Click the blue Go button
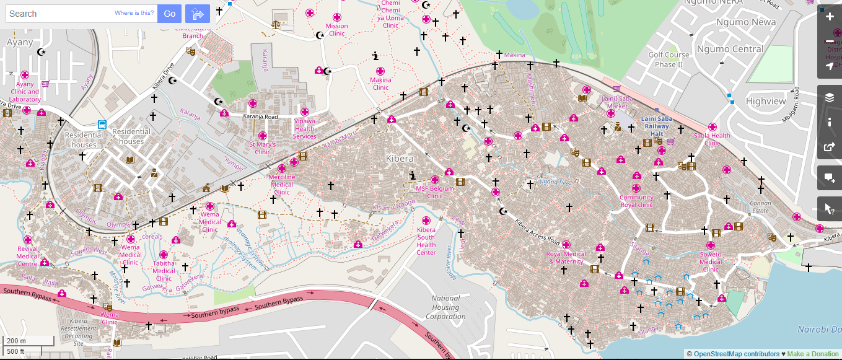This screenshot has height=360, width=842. [169, 14]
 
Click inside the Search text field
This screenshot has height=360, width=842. [59, 14]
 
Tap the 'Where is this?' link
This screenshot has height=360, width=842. [134, 13]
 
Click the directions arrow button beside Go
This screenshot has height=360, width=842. [198, 14]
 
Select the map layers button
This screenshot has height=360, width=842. [830, 97]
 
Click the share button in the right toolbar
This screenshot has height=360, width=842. [830, 147]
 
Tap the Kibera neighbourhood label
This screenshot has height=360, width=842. [399, 159]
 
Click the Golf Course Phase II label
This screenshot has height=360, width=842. [669, 59]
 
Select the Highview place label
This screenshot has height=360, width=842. [766, 101]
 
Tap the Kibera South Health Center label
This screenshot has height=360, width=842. [426, 241]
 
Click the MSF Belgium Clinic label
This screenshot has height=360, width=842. [434, 192]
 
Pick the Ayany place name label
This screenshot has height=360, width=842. [19, 42]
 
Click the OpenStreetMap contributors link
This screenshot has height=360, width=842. [736, 354]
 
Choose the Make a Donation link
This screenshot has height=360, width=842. [813, 354]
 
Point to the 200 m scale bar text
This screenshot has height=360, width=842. [16, 341]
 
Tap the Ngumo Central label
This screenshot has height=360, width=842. [730, 49]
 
